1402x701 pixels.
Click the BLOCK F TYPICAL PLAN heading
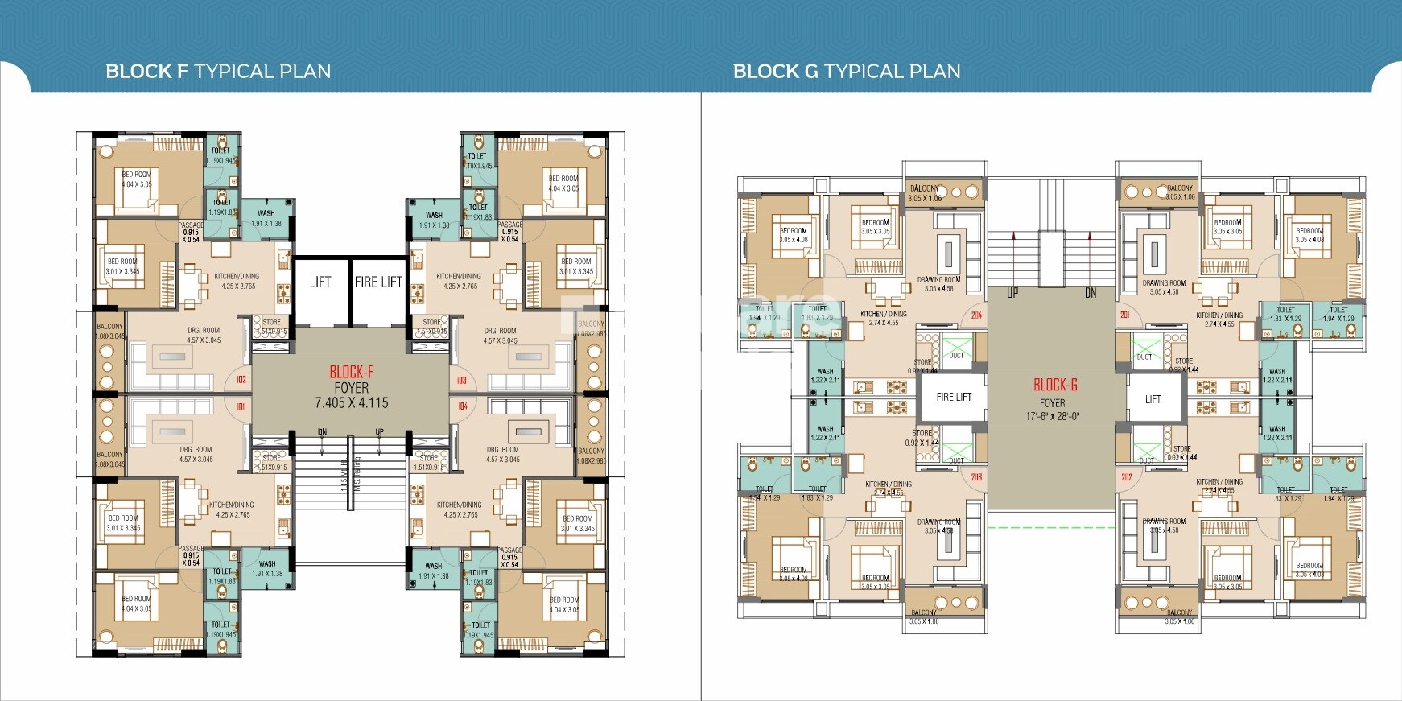[218, 72]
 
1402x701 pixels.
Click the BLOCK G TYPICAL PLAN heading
[847, 72]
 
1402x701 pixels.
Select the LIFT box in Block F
[320, 282]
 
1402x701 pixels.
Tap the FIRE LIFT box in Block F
[378, 282]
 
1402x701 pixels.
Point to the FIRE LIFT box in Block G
[954, 397]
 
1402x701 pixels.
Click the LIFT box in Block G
[1153, 399]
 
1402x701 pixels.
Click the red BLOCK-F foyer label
[352, 372]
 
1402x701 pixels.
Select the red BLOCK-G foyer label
[1055, 385]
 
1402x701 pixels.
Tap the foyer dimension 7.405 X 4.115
[352, 402]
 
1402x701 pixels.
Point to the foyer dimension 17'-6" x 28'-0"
[1053, 417]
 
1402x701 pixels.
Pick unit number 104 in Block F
[463, 406]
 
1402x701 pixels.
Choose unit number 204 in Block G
[976, 315]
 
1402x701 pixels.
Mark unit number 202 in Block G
[1126, 477]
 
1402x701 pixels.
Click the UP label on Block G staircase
[1012, 293]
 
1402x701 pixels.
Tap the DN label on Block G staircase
[1091, 293]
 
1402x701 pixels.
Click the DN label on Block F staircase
[322, 432]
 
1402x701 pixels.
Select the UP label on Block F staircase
[379, 432]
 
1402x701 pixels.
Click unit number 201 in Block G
[1125, 315]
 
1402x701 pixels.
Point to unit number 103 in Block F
[462, 380]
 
